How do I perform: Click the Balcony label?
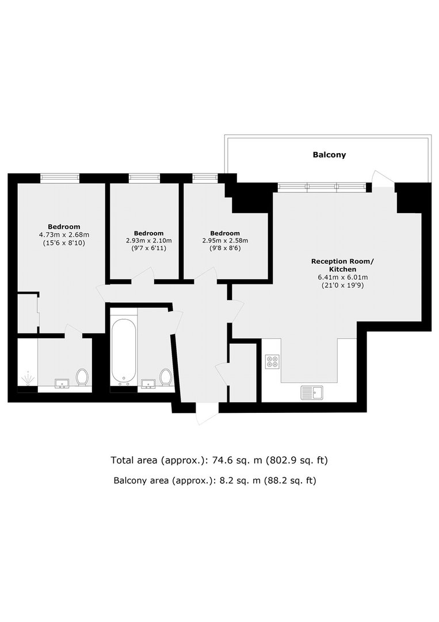(x=329, y=155)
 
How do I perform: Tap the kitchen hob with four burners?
(x=272, y=361)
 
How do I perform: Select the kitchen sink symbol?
(x=312, y=393)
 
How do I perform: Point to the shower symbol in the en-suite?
(x=28, y=377)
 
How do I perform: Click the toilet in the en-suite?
(x=82, y=377)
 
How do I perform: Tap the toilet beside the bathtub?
(x=166, y=377)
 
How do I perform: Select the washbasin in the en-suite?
(x=62, y=383)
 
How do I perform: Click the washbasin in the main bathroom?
(x=148, y=383)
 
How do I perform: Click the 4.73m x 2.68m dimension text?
(x=64, y=235)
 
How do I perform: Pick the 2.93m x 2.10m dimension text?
(x=149, y=241)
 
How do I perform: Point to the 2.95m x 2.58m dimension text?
(x=225, y=241)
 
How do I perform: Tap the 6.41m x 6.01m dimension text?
(x=342, y=277)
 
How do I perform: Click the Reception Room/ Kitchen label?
(x=342, y=265)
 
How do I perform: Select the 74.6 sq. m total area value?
(x=237, y=461)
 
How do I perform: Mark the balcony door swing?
(x=383, y=178)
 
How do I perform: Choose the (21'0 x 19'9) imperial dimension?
(x=342, y=285)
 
